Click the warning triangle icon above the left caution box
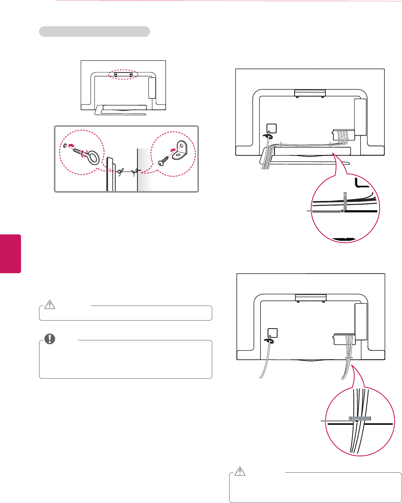(x=50, y=304)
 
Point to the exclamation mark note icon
(x=49, y=339)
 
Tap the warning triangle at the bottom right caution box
(x=240, y=471)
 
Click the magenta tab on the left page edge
(x=10, y=253)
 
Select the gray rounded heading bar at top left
(x=95, y=32)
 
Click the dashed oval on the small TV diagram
(x=123, y=74)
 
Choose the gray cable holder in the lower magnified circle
(x=359, y=418)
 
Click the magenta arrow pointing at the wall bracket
(x=173, y=150)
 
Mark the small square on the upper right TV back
(x=271, y=128)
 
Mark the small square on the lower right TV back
(x=272, y=333)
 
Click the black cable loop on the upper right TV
(x=268, y=135)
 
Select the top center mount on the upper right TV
(x=310, y=93)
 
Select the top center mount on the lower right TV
(x=311, y=297)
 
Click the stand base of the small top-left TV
(x=121, y=109)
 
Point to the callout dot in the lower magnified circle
(x=357, y=421)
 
